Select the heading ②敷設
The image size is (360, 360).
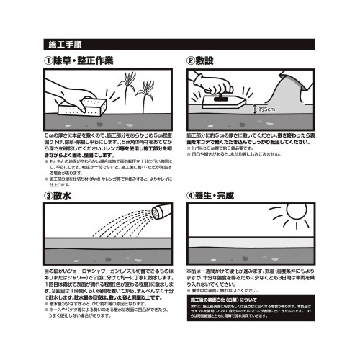(210, 60)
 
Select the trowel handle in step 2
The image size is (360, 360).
(222, 96)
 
